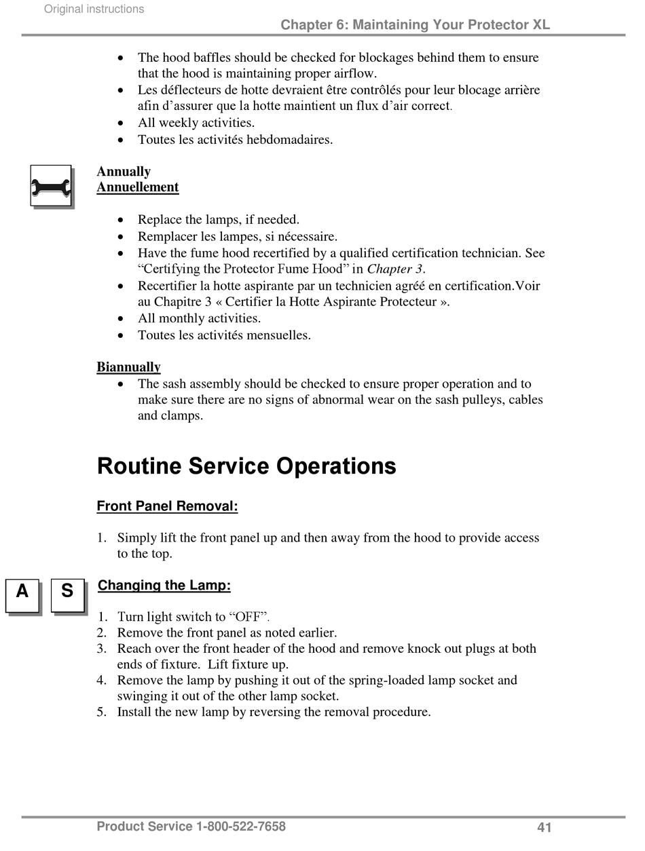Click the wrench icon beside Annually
click(x=51, y=186)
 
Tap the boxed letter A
click(x=22, y=594)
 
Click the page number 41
click(x=544, y=827)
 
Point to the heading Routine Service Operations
click(x=246, y=466)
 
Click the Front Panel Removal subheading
click(x=167, y=506)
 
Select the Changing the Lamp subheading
click(x=164, y=586)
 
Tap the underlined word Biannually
click(x=128, y=367)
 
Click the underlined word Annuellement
click(x=137, y=187)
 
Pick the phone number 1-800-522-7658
click(x=240, y=827)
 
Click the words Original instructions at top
click(x=94, y=9)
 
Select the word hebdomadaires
click(x=287, y=140)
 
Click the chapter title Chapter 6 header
click(x=415, y=25)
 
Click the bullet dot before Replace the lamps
click(x=121, y=220)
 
